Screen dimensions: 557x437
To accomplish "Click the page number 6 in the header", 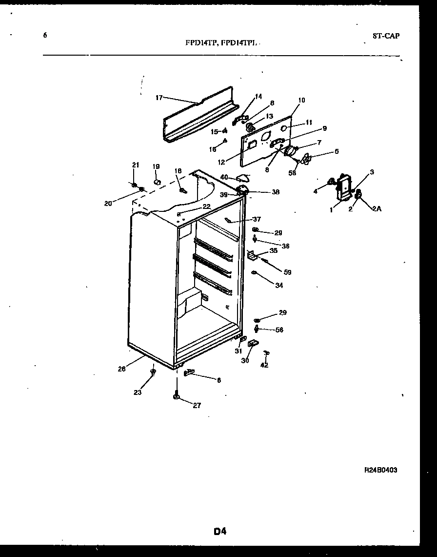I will [45, 35].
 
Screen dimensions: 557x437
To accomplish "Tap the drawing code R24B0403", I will [380, 470].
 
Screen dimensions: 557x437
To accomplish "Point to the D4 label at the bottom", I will [220, 531].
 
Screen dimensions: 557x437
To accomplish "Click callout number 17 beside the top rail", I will [159, 98].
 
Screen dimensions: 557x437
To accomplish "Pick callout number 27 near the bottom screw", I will [197, 405].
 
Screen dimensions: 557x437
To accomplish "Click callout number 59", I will [288, 272].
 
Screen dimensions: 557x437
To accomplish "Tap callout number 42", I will [264, 364].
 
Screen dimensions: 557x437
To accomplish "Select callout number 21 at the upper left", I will [136, 165].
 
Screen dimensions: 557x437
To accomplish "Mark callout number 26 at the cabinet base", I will [121, 369].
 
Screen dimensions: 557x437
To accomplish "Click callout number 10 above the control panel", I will [301, 100].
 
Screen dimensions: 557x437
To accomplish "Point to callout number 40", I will [224, 177].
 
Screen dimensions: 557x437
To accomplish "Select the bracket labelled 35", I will [252, 254].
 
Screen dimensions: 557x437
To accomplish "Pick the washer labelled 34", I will [254, 272].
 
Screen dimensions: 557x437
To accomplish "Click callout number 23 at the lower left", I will [138, 392].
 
